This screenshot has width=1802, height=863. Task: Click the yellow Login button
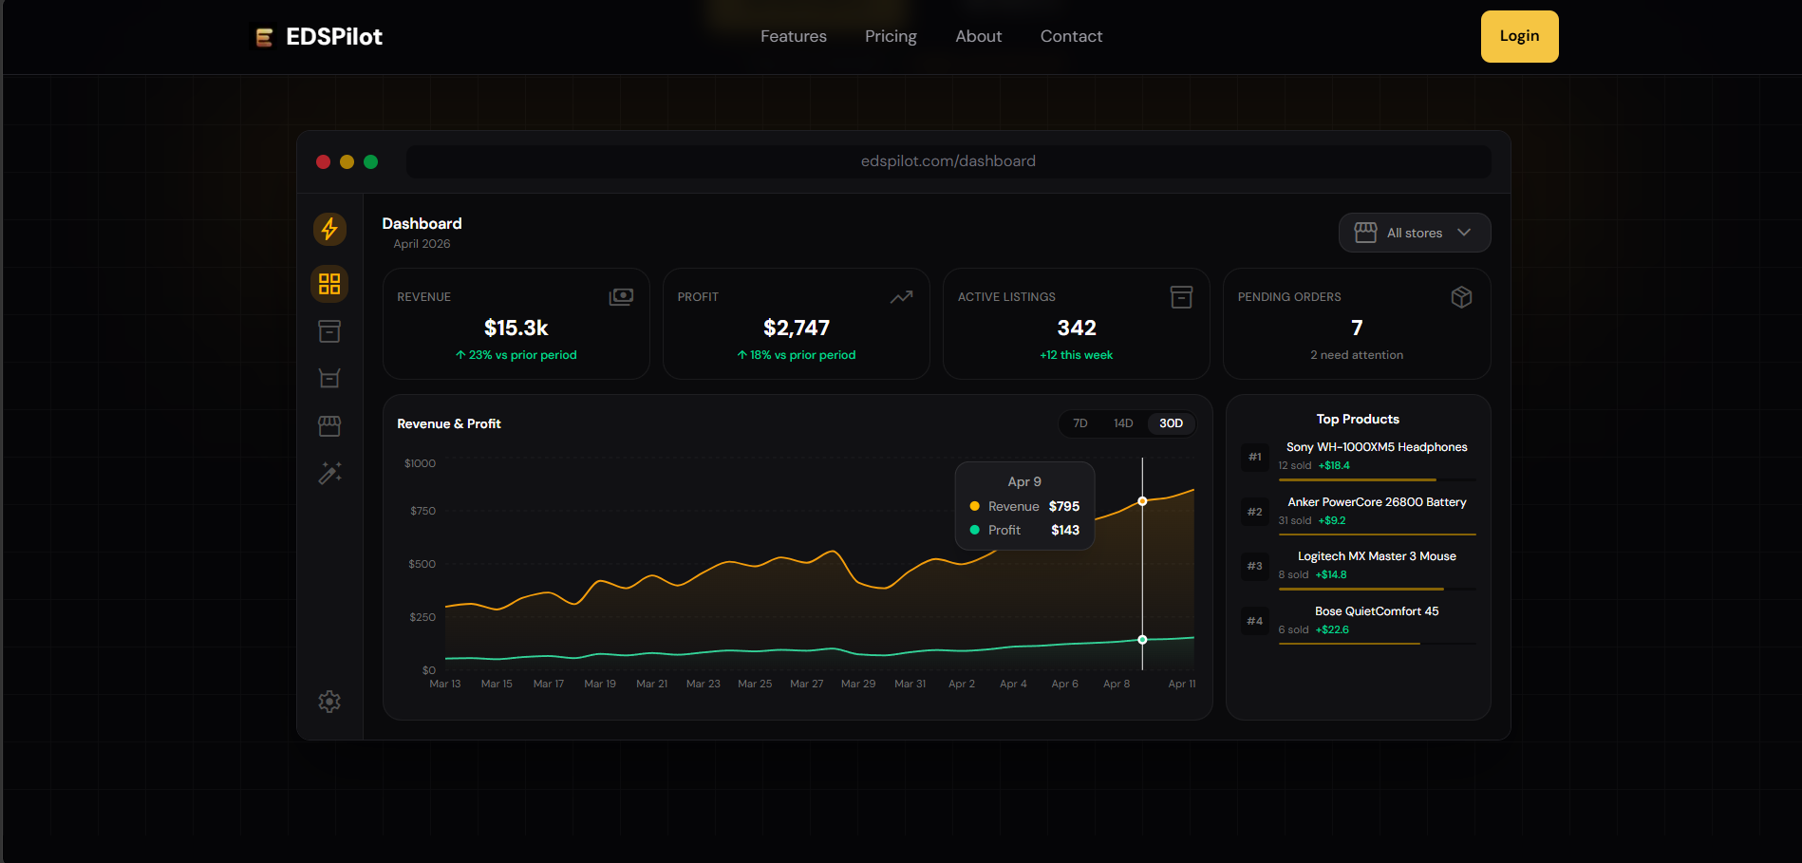click(1519, 36)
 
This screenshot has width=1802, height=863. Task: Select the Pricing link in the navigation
click(891, 36)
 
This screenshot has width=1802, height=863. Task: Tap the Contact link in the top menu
click(1071, 36)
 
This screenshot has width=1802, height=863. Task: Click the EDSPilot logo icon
click(265, 37)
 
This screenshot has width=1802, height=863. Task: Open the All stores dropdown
click(1414, 233)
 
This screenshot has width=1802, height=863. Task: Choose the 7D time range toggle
click(1079, 423)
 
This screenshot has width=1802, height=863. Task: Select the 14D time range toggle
click(1123, 423)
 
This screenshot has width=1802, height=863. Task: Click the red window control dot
click(323, 161)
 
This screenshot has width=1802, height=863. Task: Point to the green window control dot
click(371, 161)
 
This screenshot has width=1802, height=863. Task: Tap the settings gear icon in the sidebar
click(329, 702)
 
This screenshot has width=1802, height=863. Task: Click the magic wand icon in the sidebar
click(329, 473)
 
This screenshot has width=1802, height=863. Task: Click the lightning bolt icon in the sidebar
click(329, 229)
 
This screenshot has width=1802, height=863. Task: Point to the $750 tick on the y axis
click(422, 511)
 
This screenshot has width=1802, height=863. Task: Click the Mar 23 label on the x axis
click(703, 684)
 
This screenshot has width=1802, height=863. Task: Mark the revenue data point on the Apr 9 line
click(1142, 501)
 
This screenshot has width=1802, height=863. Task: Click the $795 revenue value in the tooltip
click(1063, 506)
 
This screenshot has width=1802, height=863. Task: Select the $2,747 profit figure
click(796, 328)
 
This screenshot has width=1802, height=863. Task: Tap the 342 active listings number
click(1076, 328)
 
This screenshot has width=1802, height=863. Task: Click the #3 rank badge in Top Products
click(1254, 566)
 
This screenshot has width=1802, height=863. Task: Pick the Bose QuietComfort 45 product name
click(1377, 611)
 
